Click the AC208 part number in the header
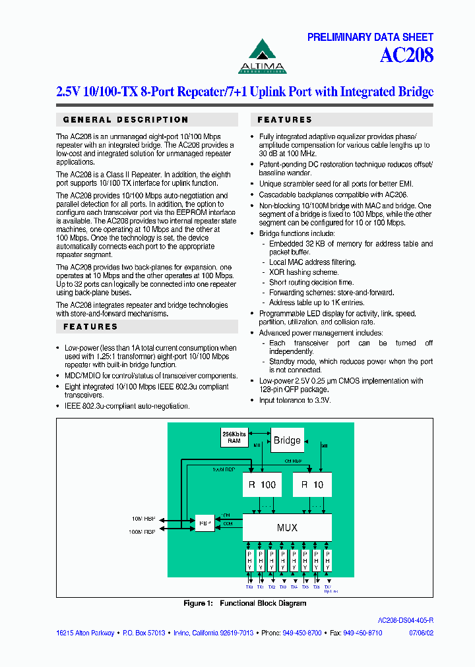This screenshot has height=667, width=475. (406, 55)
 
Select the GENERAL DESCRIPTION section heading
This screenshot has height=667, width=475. (126, 120)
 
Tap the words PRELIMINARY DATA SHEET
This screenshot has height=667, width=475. (370, 38)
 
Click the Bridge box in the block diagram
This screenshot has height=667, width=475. (287, 440)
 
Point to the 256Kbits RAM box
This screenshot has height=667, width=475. (234, 437)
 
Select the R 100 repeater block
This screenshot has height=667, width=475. (262, 484)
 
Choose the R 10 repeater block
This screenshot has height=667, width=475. (312, 484)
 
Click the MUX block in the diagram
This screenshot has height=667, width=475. (287, 527)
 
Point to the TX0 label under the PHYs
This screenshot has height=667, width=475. (249, 587)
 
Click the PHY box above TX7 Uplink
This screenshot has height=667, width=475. (328, 560)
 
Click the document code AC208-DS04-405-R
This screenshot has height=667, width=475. (405, 621)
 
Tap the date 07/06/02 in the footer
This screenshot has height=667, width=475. (422, 633)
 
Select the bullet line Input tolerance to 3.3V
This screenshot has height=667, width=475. (295, 400)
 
